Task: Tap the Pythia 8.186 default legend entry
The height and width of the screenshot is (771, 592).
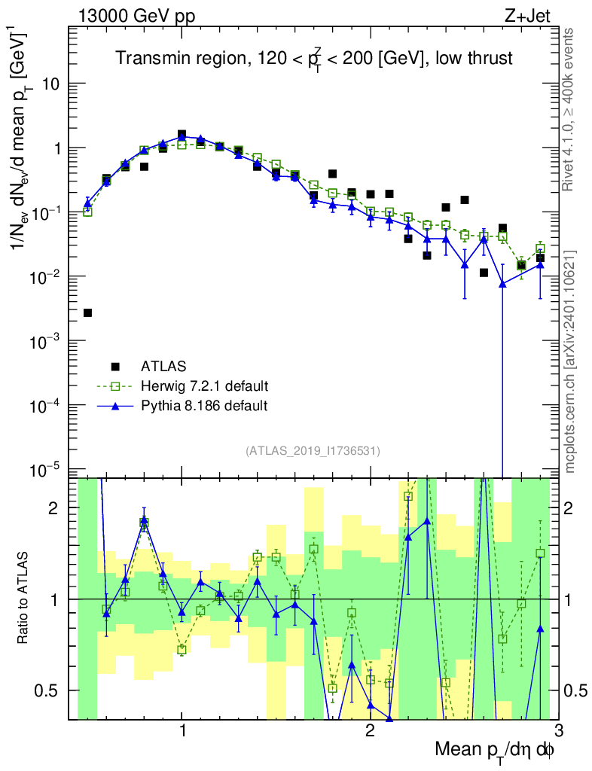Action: pyautogui.click(x=204, y=406)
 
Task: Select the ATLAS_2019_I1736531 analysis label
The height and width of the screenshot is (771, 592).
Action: pyautogui.click(x=313, y=451)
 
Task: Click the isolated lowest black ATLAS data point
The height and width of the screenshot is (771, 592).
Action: pyautogui.click(x=87, y=312)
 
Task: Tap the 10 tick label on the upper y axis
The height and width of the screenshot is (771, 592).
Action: pyautogui.click(x=51, y=84)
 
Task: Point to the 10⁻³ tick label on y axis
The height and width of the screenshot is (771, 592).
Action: pyautogui.click(x=47, y=342)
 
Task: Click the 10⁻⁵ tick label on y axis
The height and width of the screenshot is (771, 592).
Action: pyautogui.click(x=47, y=471)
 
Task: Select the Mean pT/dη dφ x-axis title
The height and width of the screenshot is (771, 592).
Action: pyautogui.click(x=496, y=750)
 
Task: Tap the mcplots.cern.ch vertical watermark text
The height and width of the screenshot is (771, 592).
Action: pyautogui.click(x=571, y=361)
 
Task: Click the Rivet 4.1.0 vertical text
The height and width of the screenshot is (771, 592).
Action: pyautogui.click(x=571, y=109)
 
